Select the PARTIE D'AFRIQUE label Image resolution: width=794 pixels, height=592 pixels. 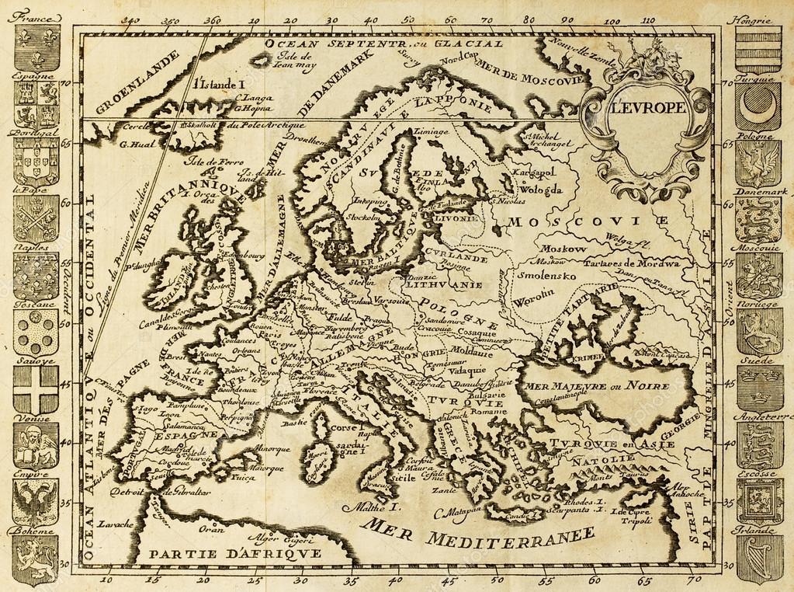pyautogui.click(x=236, y=555)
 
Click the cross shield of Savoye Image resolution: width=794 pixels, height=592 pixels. pyautogui.click(x=36, y=388)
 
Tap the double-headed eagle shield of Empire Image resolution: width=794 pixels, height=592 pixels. pyautogui.click(x=36, y=501)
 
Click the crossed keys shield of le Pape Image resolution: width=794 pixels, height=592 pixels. pyautogui.click(x=36, y=218)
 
